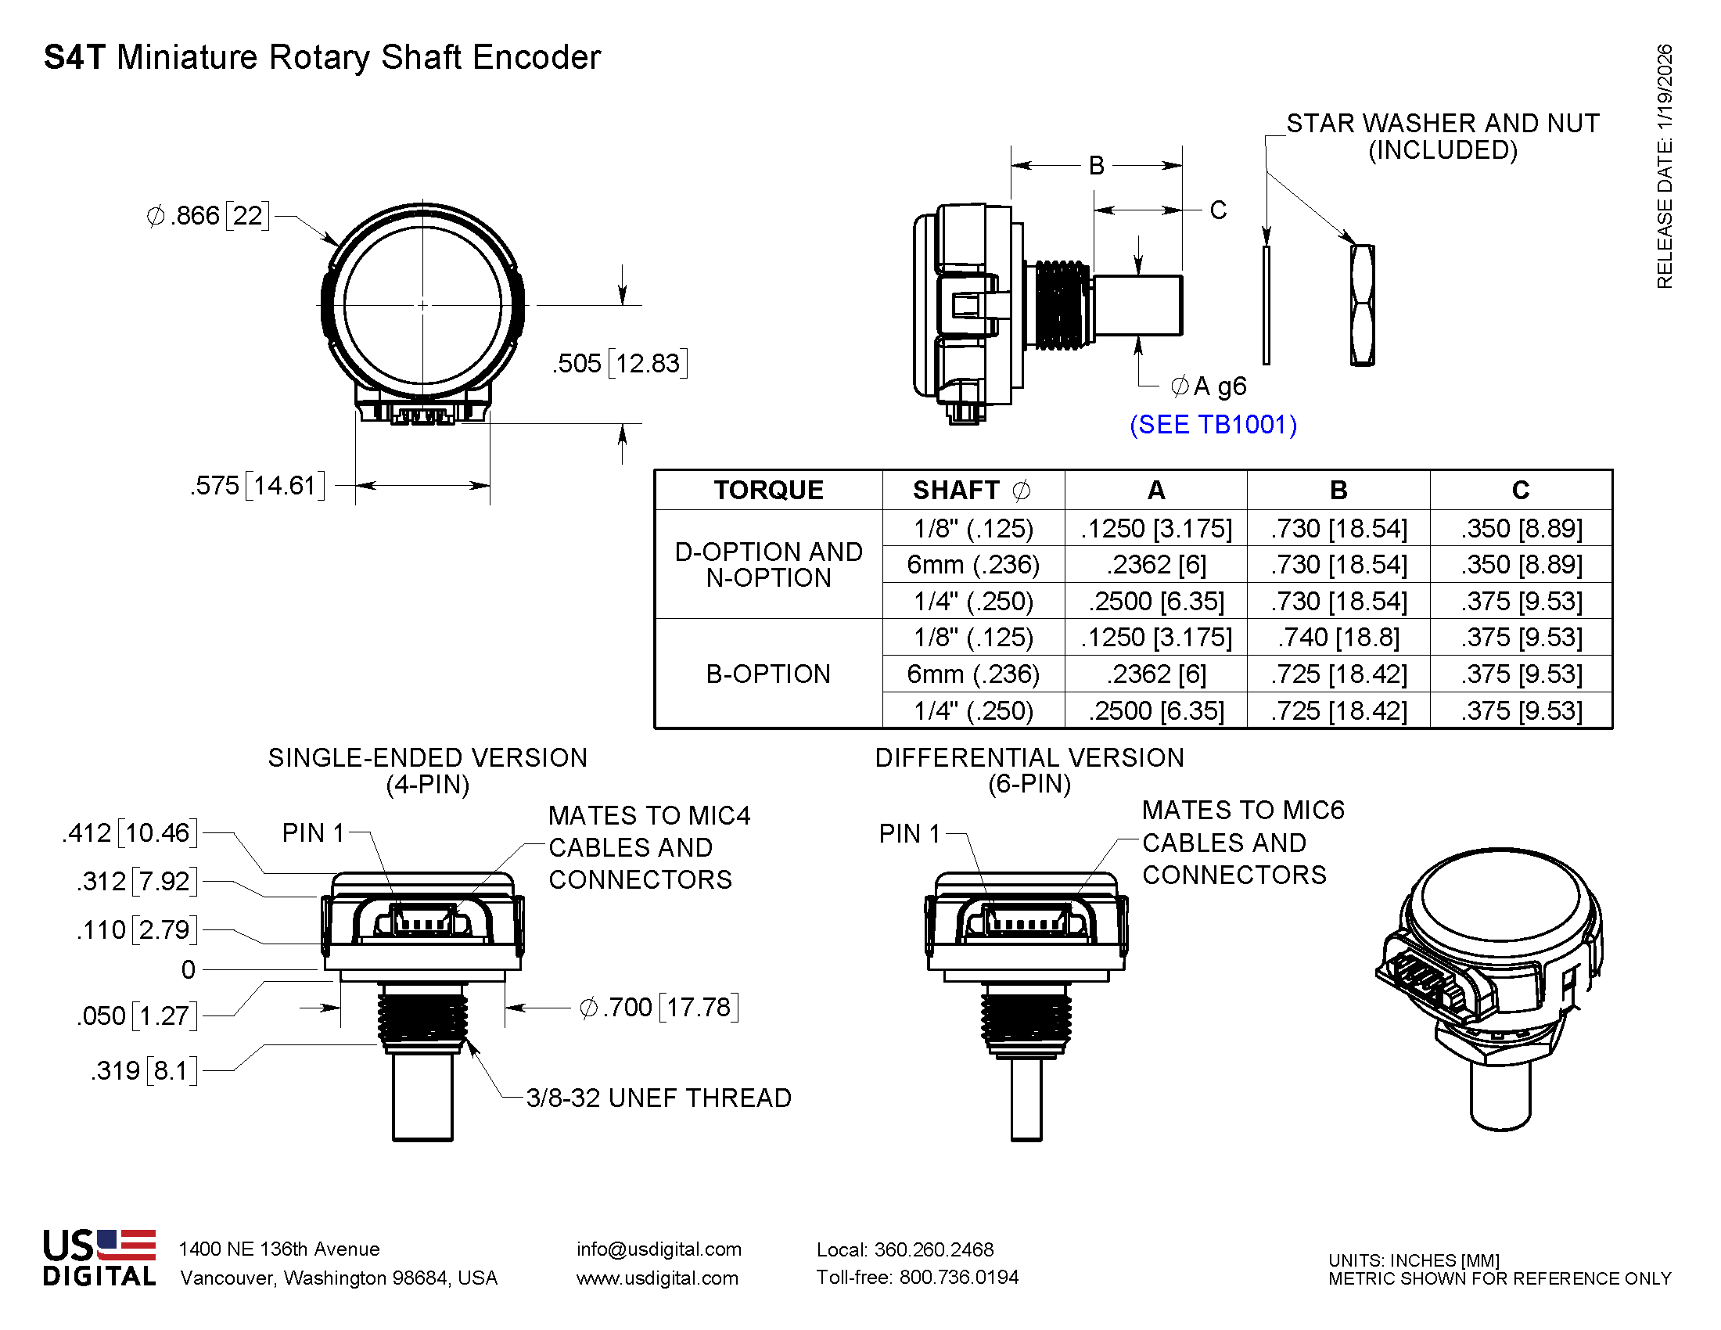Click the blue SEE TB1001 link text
[1213, 425]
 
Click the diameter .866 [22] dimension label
[208, 215]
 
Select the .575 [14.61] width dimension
[257, 485]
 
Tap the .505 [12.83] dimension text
[620, 363]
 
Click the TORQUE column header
[768, 490]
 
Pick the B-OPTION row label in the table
[768, 674]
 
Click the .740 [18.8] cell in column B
[1338, 638]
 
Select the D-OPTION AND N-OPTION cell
[768, 564]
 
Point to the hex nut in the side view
[1363, 305]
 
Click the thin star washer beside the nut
[1266, 305]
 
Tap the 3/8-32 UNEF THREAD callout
[658, 1098]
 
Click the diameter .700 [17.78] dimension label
[659, 1007]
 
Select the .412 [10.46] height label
[130, 833]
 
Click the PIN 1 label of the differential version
[910, 833]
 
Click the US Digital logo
[99, 1257]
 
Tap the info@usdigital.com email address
[659, 1249]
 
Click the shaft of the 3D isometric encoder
[1500, 1095]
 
